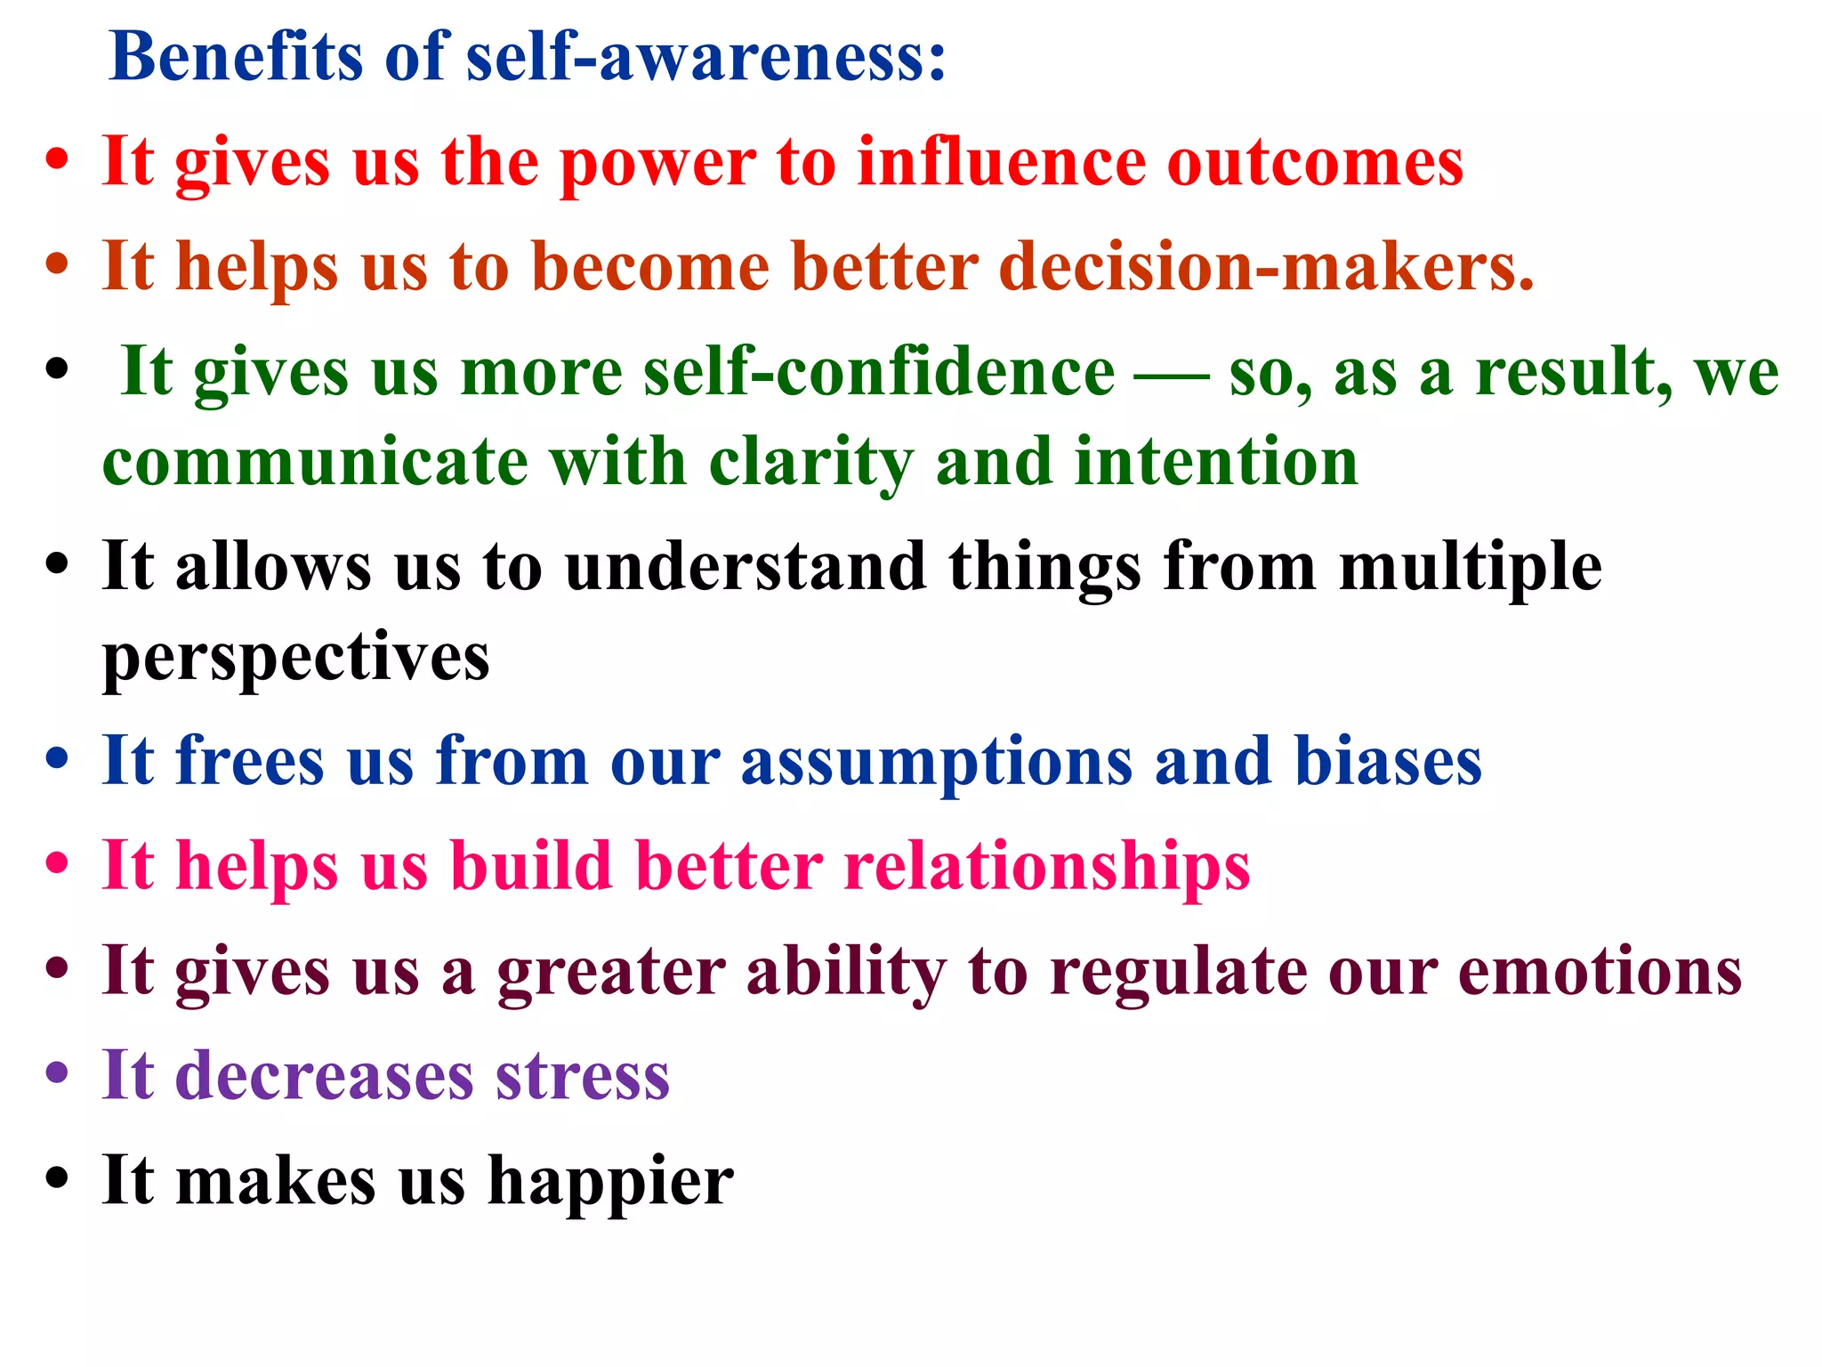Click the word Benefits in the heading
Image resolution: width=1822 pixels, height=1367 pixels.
(236, 57)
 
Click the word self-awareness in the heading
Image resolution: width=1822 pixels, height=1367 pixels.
(705, 57)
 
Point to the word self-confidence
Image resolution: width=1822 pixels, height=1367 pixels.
(878, 372)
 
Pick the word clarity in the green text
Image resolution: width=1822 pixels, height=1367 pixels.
(810, 464)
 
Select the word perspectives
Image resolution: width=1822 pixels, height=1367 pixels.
(295, 659)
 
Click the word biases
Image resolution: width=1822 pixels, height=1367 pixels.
(1388, 761)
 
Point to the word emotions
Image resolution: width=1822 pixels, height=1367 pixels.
(1600, 971)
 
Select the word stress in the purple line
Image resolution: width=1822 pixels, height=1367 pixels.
(582, 1076)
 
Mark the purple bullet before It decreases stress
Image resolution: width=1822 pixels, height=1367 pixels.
(57, 1072)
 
